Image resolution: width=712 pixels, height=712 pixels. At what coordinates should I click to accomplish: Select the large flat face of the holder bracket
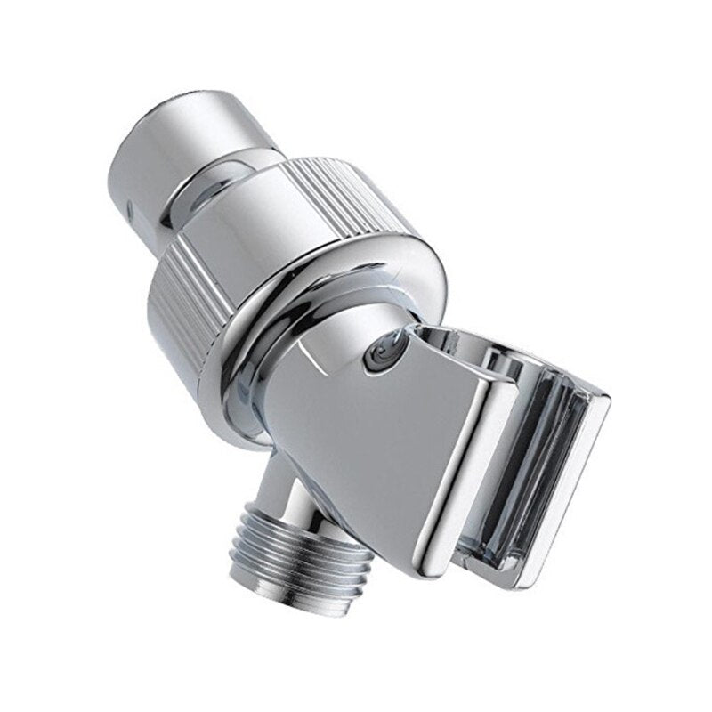coord(356,445)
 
